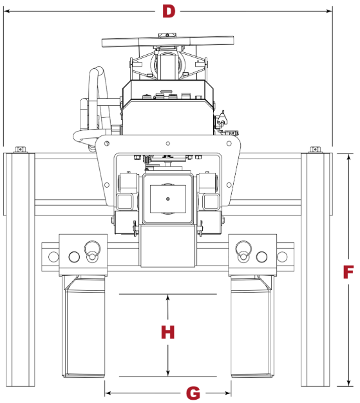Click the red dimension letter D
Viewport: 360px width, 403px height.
169,12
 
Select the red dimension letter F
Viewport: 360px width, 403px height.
348,272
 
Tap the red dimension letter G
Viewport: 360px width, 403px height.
193,393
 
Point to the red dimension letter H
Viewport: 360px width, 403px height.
168,332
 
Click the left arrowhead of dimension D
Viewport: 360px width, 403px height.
7,11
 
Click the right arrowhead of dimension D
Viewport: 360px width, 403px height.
329,11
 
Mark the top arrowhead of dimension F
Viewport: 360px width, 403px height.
348,157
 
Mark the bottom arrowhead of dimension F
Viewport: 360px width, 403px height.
348,383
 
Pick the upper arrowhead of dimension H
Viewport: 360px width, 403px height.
167,297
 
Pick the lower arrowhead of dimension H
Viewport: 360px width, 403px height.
167,373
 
